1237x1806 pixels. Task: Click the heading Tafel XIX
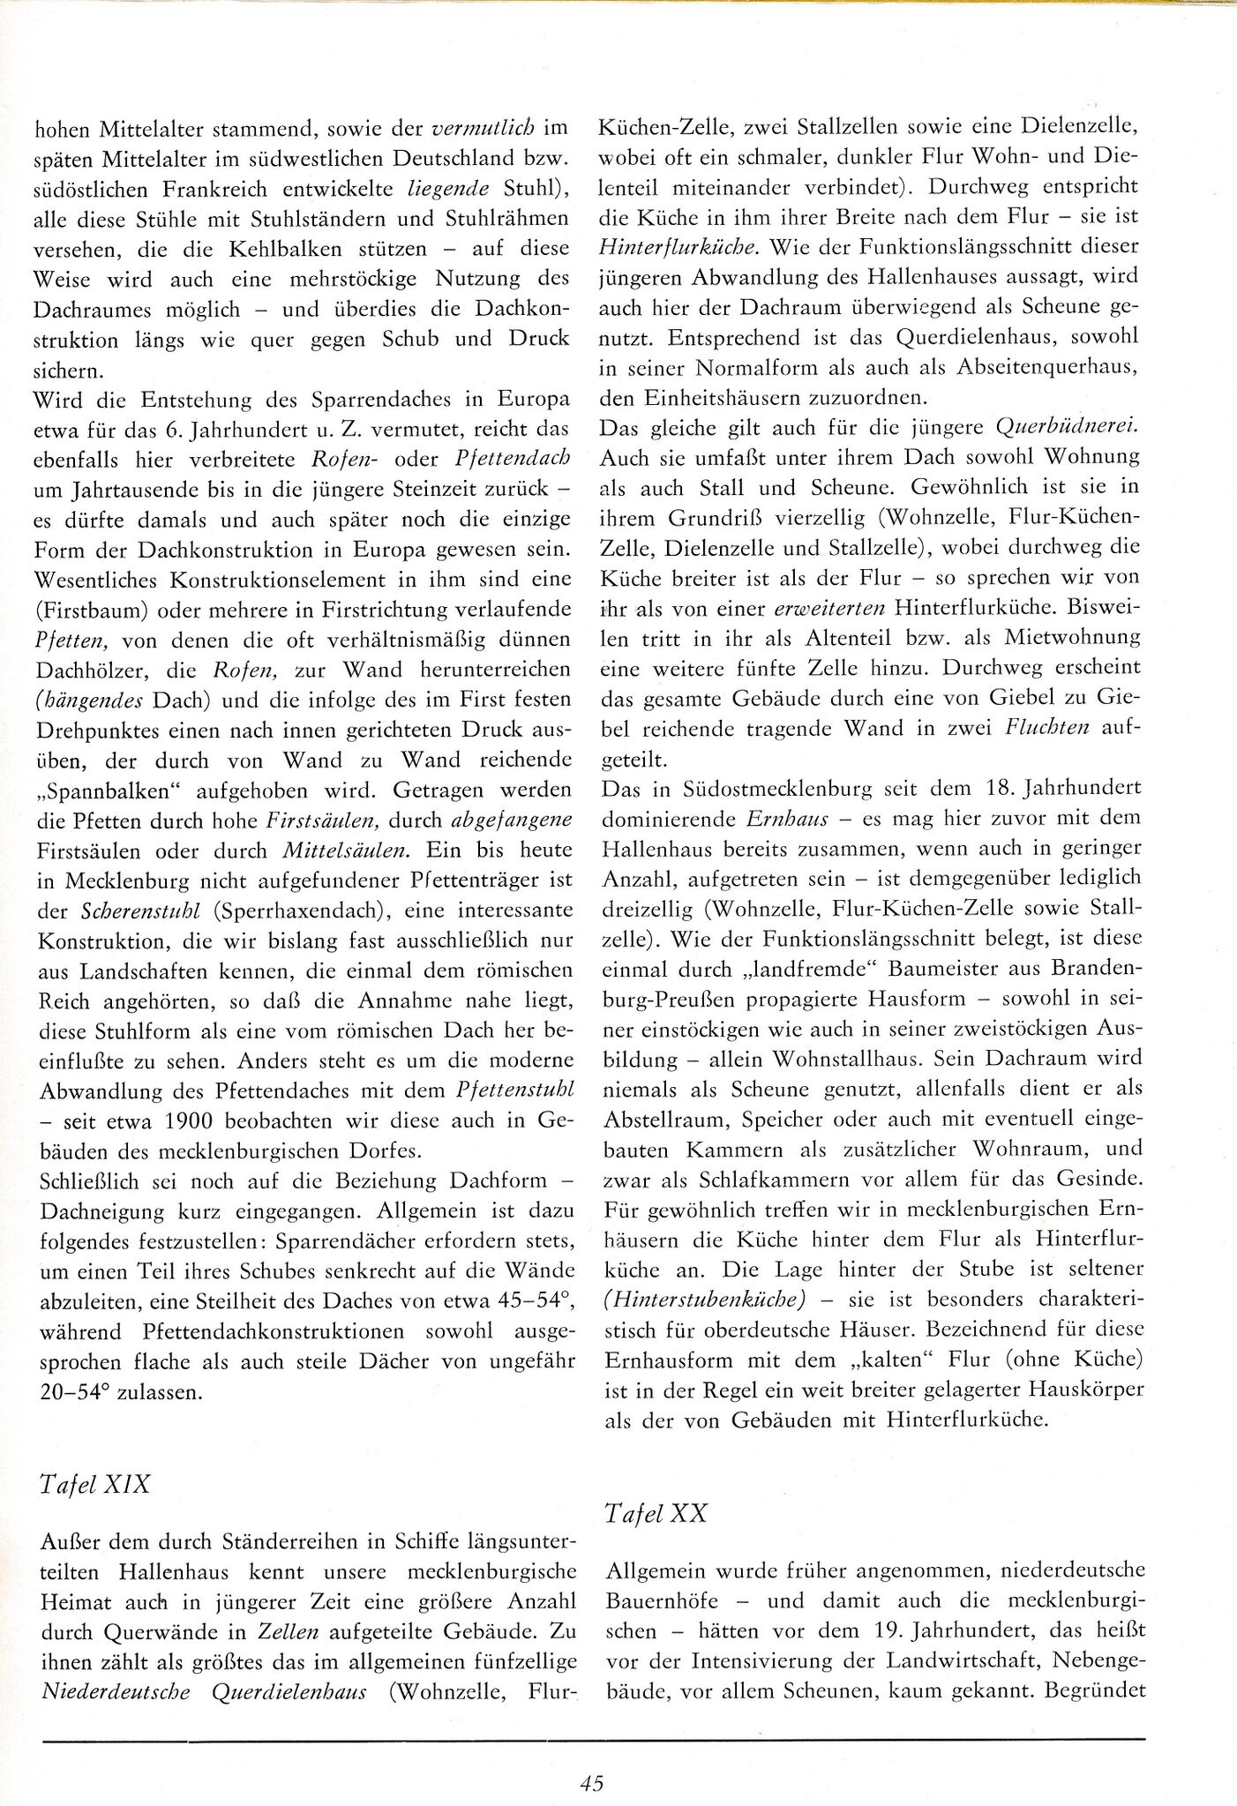(96, 1484)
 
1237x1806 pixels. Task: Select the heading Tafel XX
(657, 1514)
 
